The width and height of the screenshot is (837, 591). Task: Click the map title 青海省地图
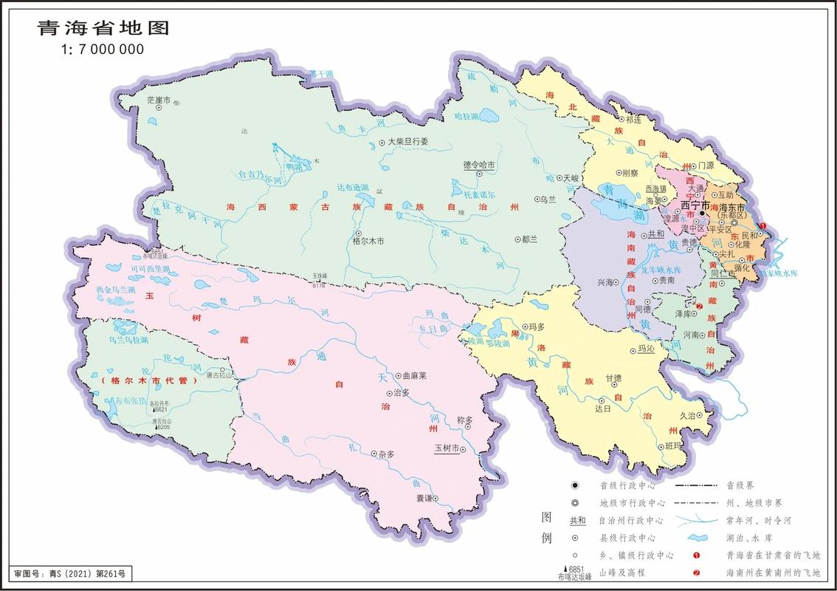click(x=103, y=28)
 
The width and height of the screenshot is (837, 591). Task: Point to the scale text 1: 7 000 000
click(x=102, y=49)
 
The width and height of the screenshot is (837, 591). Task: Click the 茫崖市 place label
click(x=158, y=99)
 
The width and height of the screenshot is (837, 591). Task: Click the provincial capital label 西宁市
click(x=695, y=205)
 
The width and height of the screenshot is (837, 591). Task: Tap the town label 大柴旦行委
click(x=408, y=142)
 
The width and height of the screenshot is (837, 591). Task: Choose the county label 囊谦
click(x=424, y=498)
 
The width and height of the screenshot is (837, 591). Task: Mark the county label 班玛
click(x=673, y=445)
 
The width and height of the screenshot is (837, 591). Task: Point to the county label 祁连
click(x=633, y=119)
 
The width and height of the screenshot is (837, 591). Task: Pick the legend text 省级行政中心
click(x=626, y=485)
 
